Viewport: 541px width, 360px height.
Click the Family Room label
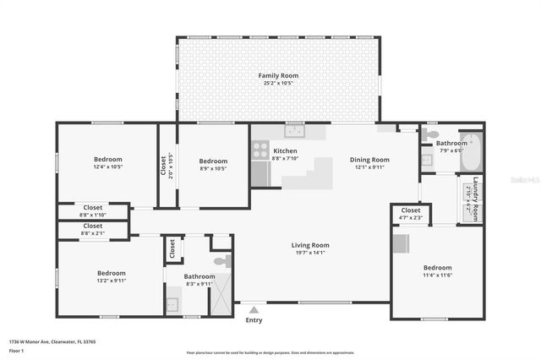(277, 76)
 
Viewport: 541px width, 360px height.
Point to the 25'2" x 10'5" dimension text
(277, 84)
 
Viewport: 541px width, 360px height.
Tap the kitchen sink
(294, 131)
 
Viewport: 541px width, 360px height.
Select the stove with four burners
(260, 150)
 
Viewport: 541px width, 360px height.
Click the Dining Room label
(369, 160)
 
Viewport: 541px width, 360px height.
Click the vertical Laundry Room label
(476, 199)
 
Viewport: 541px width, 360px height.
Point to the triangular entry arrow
(254, 310)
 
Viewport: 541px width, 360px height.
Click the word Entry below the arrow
(254, 320)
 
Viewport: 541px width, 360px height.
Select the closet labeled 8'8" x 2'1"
(92, 226)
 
